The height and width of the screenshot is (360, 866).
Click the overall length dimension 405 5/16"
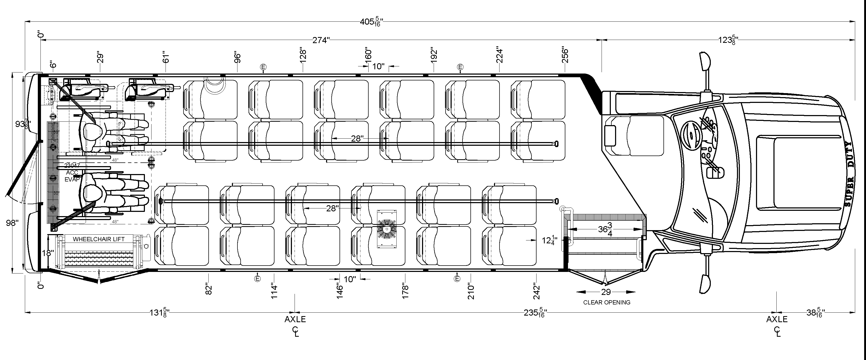click(371, 22)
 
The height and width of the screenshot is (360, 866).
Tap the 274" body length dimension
click(321, 40)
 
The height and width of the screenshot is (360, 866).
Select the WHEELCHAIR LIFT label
click(99, 239)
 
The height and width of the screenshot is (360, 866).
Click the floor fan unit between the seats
click(387, 229)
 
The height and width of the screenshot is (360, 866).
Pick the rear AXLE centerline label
click(295, 319)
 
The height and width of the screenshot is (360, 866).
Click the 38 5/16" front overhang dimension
click(815, 313)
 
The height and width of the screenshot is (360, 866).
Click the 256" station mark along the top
click(565, 56)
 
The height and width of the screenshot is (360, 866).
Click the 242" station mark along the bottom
click(537, 292)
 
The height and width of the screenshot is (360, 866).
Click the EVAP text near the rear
click(72, 180)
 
